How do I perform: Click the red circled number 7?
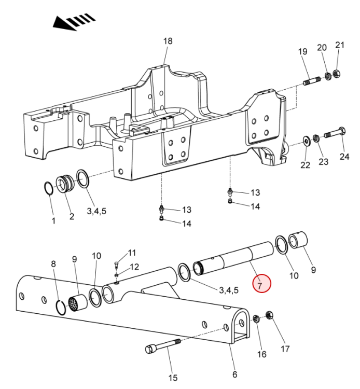click(261, 283)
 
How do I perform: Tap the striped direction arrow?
click(74, 22)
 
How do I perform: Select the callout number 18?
click(168, 41)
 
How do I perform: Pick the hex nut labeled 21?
click(336, 74)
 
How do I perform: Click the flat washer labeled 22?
click(307, 142)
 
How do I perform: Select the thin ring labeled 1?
click(48, 189)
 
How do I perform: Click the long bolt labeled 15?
click(163, 346)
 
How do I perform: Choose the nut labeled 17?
click(269, 315)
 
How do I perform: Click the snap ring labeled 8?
click(61, 308)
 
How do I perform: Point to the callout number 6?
click(234, 374)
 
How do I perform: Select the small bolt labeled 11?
click(117, 264)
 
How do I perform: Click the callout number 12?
click(134, 267)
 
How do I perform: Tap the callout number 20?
click(322, 47)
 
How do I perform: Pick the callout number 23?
click(324, 162)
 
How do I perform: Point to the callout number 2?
click(72, 217)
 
